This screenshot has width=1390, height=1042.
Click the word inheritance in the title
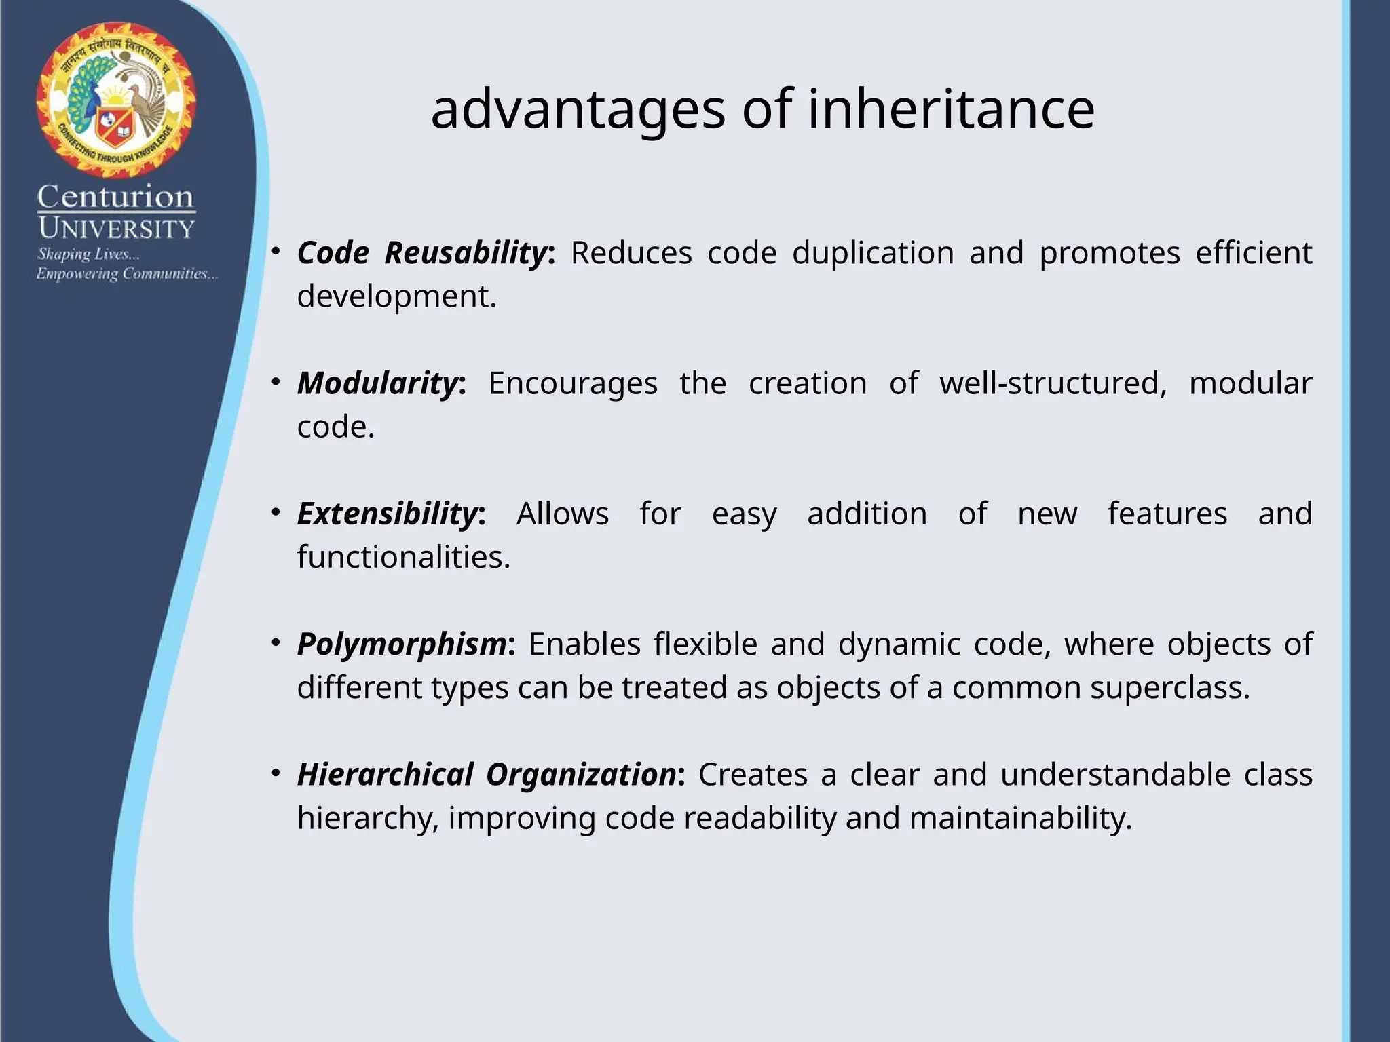[x=951, y=109]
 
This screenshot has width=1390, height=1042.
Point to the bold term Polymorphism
[x=402, y=644]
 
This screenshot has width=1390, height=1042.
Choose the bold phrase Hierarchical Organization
[x=487, y=774]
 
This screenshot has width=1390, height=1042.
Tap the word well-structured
[x=1053, y=383]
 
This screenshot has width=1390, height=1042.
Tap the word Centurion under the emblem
[x=115, y=197]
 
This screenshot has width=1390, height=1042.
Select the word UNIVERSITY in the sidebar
[x=116, y=229]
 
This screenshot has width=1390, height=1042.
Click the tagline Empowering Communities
[x=127, y=274]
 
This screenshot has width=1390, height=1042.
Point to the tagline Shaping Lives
[x=88, y=254]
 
